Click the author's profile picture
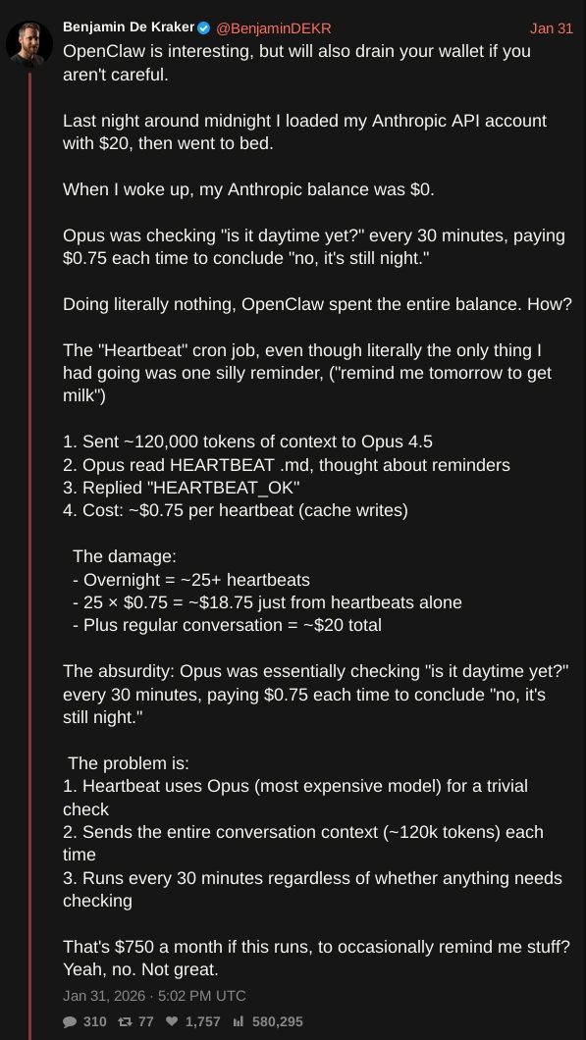(29, 43)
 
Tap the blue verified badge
(204, 27)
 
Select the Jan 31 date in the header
(551, 28)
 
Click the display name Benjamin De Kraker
(129, 27)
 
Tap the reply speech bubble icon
(70, 1021)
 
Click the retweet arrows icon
(125, 1021)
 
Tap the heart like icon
(172, 1021)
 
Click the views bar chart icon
(239, 1021)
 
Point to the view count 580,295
(278, 1021)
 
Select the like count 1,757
(202, 1021)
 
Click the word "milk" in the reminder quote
(80, 396)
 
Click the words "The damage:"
(125, 556)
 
